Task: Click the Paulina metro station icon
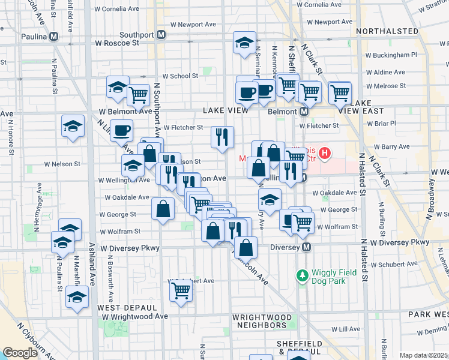[54, 36]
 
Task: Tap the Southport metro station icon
[161, 35]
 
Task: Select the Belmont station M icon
[304, 112]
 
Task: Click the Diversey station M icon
[306, 247]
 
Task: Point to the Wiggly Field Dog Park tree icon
[302, 276]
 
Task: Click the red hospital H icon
[325, 154]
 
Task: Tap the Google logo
[20, 353]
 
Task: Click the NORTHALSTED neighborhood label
[387, 31]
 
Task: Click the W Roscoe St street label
[117, 43]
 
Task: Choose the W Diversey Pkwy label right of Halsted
[400, 242]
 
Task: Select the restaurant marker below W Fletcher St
[223, 137]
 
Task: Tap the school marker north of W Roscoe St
[244, 43]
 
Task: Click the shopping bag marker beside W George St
[163, 209]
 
